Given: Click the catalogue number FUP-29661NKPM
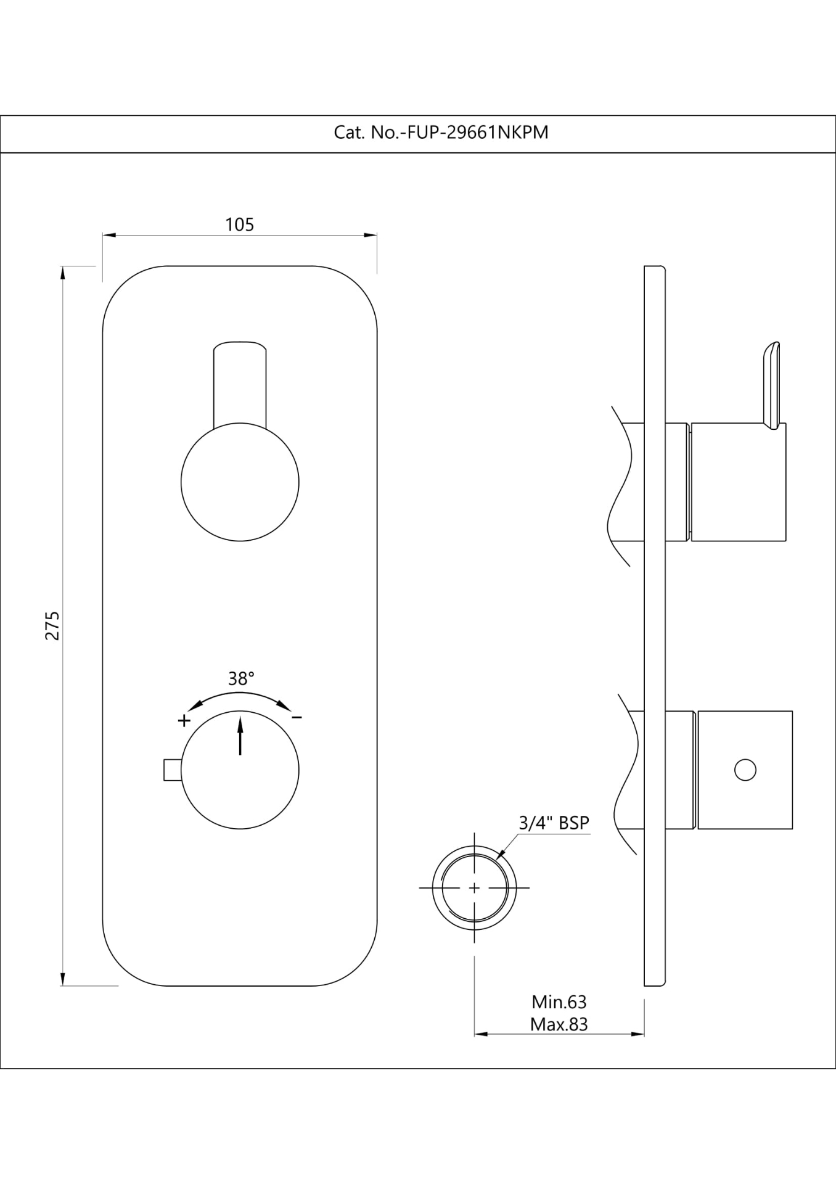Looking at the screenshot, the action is [475, 133].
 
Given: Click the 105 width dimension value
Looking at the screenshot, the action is [239, 224].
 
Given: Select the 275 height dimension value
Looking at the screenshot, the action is [52, 625].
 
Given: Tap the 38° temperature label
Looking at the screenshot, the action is [241, 678].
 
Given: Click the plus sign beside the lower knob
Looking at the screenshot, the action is [184, 720].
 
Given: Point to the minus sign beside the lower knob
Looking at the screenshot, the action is [297, 717].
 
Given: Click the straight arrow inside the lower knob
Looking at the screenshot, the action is [240, 734].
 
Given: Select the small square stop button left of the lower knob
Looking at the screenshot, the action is [172, 770].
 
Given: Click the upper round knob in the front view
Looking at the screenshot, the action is [240, 482].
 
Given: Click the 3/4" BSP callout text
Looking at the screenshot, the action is [554, 823].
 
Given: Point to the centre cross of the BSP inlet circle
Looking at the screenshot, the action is [473, 887].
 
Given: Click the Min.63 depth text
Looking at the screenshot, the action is [559, 1001].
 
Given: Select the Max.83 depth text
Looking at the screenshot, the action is [559, 1024].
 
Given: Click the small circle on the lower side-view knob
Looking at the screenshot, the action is [745, 770].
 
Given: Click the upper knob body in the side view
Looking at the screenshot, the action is [739, 482].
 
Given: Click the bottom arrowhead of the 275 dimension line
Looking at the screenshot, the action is [62, 979].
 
